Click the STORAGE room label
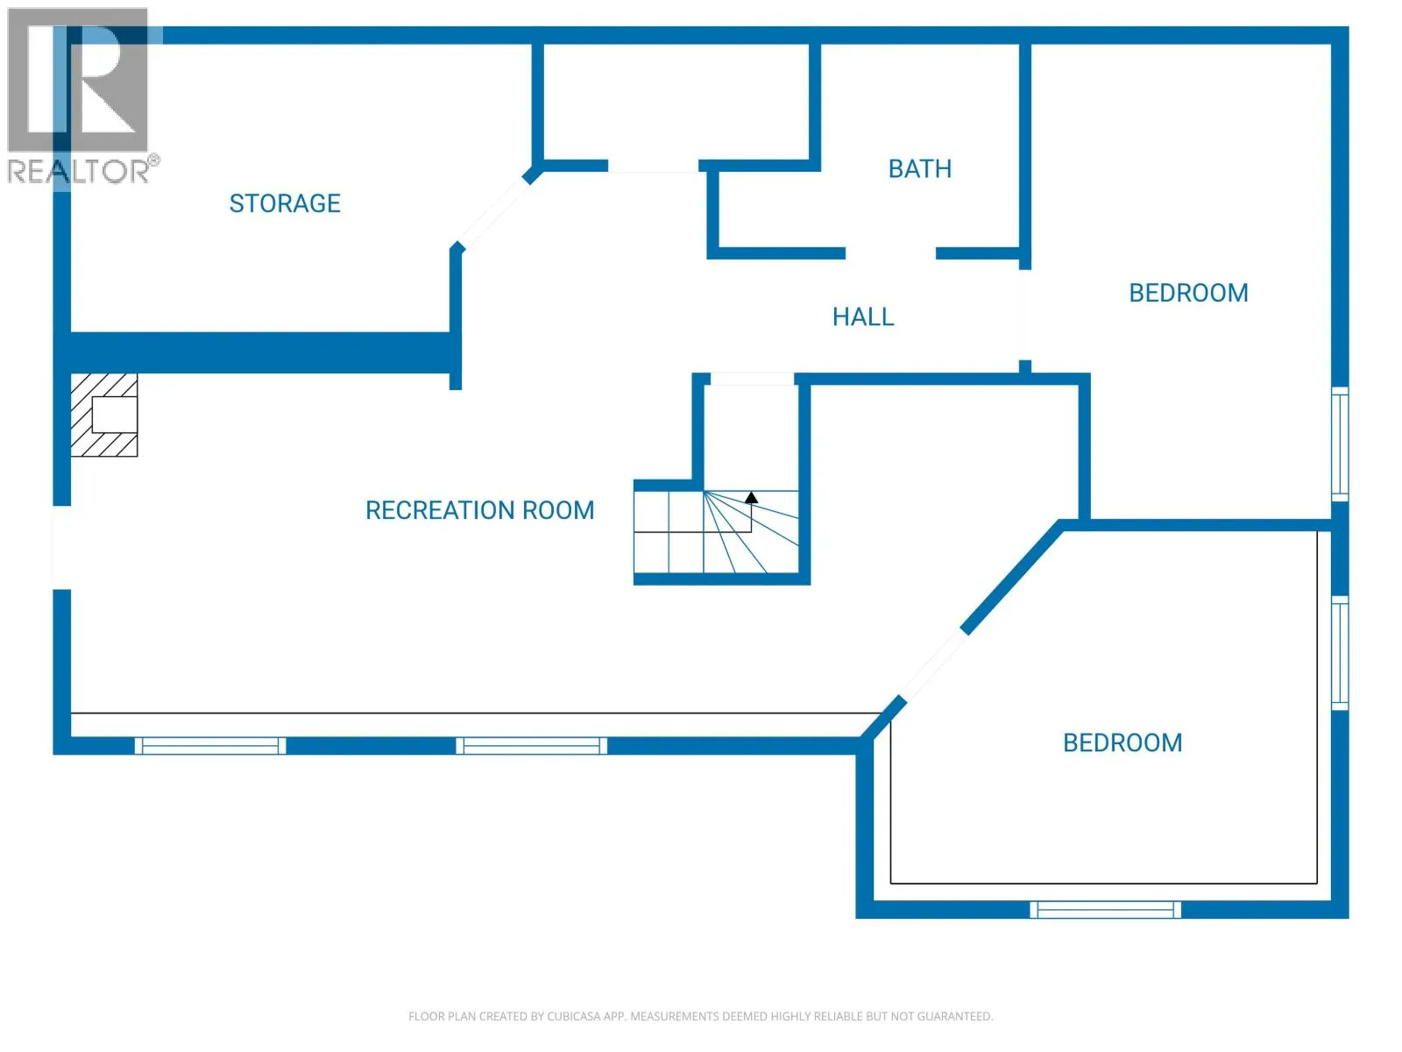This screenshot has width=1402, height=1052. [285, 203]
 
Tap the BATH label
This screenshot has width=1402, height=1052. [920, 168]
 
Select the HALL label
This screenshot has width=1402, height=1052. [863, 316]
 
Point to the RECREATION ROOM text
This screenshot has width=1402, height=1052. [479, 510]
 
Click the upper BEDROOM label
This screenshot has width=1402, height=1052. [1189, 293]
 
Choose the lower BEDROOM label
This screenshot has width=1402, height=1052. [1122, 743]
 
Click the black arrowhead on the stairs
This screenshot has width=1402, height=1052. [751, 497]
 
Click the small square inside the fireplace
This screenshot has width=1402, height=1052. [115, 415]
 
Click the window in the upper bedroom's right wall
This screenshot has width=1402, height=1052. [1340, 444]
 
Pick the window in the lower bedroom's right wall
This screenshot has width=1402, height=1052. [1340, 653]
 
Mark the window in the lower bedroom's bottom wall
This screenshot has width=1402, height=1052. [1105, 910]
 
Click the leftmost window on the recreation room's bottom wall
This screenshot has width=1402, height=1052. [210, 745]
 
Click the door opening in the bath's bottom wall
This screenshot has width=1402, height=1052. [890, 253]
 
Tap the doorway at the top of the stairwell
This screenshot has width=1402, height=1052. [752, 379]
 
